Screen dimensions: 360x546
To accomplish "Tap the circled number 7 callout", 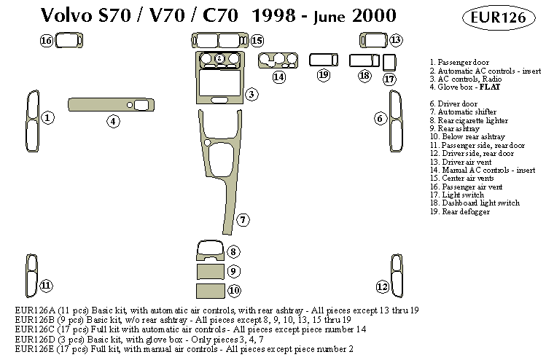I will [243, 219].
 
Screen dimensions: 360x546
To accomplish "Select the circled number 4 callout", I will [114, 121].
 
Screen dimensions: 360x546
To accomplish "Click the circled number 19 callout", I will [324, 75].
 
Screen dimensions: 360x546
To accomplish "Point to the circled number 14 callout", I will [279, 77].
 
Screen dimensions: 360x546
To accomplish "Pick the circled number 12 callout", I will [382, 286].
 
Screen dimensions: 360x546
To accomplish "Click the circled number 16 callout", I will [47, 41].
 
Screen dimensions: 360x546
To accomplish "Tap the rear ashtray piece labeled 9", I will [210, 272].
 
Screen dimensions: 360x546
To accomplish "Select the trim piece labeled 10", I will [210, 291].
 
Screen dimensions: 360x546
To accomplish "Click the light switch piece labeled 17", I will [389, 62].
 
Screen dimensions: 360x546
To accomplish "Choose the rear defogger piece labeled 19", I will [324, 59].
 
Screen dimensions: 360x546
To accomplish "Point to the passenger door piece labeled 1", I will [31, 122].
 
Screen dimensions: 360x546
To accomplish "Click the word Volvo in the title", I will [63, 16].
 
